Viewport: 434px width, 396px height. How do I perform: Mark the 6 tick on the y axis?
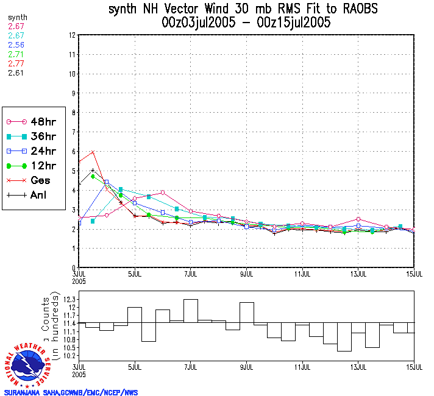click(73, 151)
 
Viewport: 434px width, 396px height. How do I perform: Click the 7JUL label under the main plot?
click(191, 272)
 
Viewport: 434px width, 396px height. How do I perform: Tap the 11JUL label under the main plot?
click(303, 272)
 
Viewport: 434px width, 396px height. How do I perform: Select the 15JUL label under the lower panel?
click(415, 367)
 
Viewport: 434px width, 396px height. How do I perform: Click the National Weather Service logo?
click(28, 364)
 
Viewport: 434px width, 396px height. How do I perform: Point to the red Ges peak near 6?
click(93, 152)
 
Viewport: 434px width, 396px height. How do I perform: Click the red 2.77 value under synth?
click(16, 63)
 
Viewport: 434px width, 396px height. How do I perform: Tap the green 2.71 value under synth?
click(16, 54)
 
